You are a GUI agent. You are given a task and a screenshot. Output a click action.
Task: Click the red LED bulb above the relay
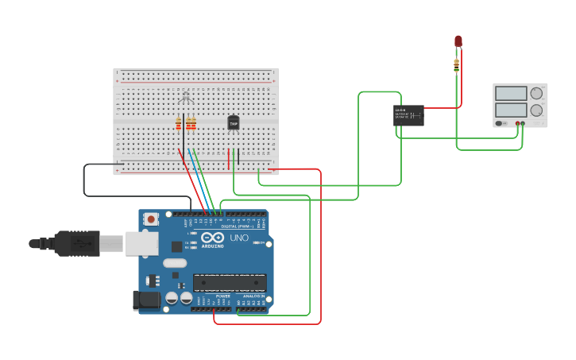(x=458, y=41)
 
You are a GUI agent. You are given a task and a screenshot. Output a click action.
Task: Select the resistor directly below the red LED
(x=456, y=65)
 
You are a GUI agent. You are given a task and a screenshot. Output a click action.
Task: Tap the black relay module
(x=408, y=115)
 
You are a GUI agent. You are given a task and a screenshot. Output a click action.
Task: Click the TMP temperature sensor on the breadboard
(x=233, y=122)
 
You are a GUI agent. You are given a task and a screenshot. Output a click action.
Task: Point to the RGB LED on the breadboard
(x=186, y=98)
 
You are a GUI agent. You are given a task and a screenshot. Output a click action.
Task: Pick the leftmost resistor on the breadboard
(x=178, y=123)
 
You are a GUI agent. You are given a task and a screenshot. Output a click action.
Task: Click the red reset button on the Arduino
(x=149, y=219)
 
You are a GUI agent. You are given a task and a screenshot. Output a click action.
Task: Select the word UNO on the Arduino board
(x=239, y=238)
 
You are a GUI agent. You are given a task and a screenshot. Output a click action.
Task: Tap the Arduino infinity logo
(x=212, y=238)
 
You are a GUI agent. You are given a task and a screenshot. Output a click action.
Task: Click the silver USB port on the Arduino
(x=141, y=243)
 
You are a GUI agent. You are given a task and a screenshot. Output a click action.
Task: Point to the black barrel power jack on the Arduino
(x=149, y=300)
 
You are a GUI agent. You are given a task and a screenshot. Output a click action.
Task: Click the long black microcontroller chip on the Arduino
(x=230, y=282)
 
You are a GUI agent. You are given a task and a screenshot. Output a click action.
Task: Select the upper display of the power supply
(x=511, y=93)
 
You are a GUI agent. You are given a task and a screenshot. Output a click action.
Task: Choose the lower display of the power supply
(x=511, y=110)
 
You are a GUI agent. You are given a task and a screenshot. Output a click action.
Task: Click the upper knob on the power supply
(x=537, y=93)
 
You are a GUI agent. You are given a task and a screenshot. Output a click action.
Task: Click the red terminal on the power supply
(x=517, y=123)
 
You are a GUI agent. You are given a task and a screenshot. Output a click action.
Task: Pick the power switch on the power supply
(x=500, y=123)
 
